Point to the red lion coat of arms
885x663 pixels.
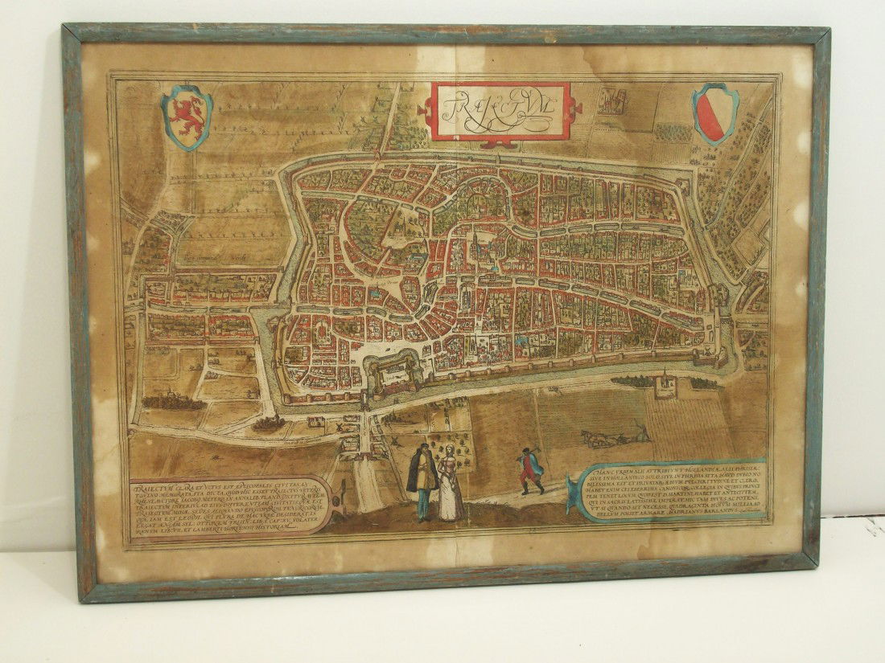coord(187,117)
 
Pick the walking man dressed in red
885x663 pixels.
coord(531,470)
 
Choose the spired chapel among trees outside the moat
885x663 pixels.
coord(665,384)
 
